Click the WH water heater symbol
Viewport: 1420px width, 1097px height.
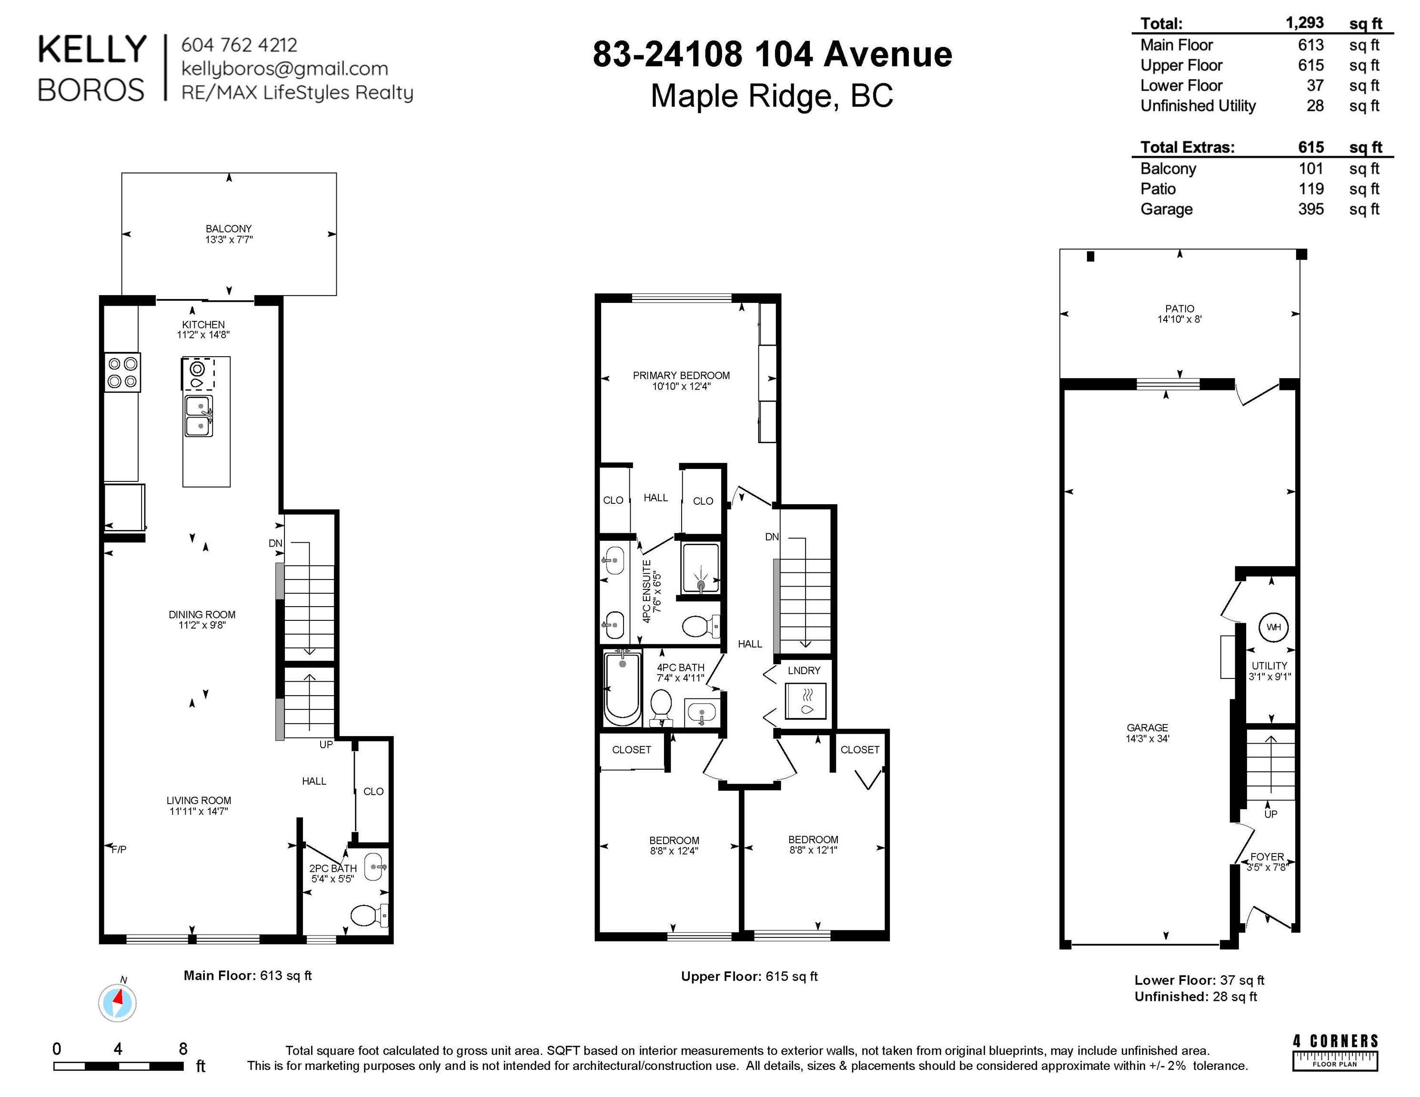point(1273,627)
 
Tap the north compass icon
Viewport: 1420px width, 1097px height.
point(118,1003)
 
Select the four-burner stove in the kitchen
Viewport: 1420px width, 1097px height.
point(123,372)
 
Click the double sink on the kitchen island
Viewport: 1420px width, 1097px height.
point(199,416)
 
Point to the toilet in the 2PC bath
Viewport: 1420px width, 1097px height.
point(369,916)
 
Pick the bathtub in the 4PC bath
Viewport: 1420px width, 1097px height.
point(622,688)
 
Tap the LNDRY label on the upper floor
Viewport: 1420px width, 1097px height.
point(804,670)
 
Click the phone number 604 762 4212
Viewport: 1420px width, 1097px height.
point(239,45)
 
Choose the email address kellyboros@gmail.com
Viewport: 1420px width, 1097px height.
point(285,68)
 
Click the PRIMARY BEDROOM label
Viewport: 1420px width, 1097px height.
point(681,375)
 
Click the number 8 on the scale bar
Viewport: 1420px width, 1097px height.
point(183,1048)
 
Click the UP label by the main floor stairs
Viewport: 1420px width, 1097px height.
point(326,745)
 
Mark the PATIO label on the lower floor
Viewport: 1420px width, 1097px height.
point(1179,309)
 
